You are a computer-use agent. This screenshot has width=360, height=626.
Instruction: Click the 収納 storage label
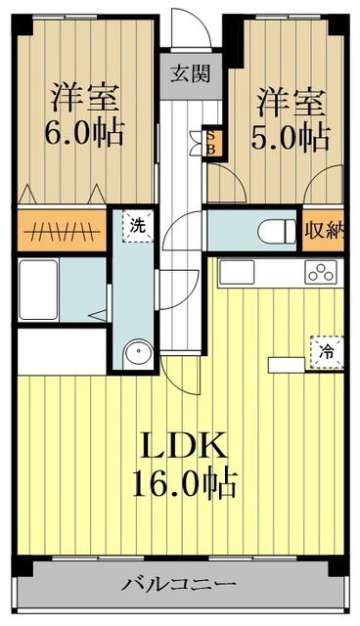point(325,231)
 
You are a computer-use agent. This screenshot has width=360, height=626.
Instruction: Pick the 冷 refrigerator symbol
point(327,349)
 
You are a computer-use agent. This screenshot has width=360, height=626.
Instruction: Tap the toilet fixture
point(277,232)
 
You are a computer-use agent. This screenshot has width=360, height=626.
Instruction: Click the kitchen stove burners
point(321,273)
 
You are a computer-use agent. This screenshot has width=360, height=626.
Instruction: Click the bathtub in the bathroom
point(42,291)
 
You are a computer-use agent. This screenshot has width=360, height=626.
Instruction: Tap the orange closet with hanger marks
point(62,231)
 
